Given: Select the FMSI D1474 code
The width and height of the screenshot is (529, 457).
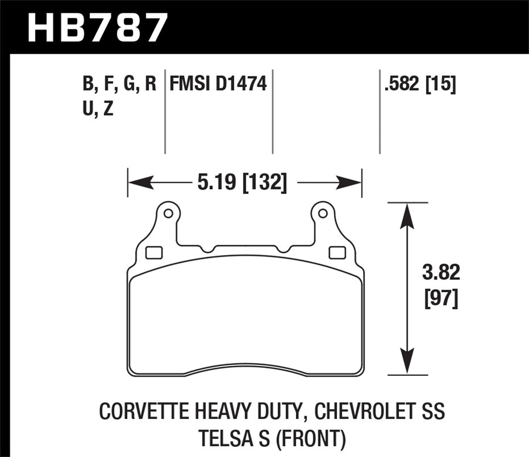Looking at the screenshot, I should [x=217, y=83].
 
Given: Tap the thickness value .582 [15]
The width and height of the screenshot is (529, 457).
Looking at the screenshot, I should [x=420, y=83].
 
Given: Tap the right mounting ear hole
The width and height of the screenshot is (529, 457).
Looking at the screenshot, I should [x=322, y=213].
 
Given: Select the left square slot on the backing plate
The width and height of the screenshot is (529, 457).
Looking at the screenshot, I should [x=154, y=252].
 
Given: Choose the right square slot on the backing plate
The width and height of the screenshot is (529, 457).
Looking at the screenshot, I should [x=336, y=252].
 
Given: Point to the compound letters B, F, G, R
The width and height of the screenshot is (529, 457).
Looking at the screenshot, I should [x=119, y=83].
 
